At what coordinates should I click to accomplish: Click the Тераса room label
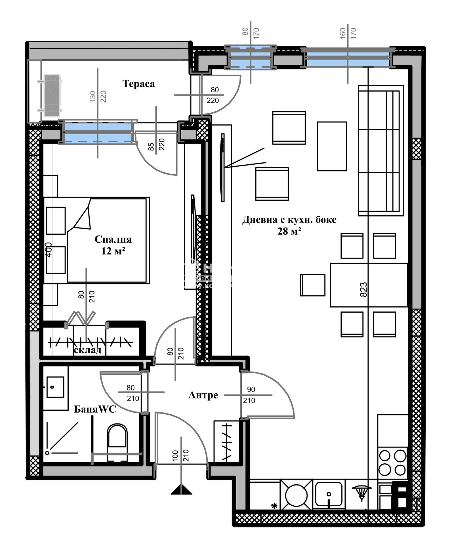pyautogui.click(x=138, y=84)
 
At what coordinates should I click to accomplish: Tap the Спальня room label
pyautogui.click(x=113, y=239)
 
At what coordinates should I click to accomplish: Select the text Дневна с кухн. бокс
pyautogui.click(x=289, y=220)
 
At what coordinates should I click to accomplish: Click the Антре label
pyautogui.click(x=203, y=395)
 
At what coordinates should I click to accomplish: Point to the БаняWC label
pyautogui.click(x=95, y=409)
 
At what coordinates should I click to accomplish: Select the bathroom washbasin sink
pyautogui.click(x=55, y=387)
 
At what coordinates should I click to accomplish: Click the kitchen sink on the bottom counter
pyautogui.click(x=329, y=495)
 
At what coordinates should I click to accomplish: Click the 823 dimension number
pyautogui.click(x=363, y=289)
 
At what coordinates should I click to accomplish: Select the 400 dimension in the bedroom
pyautogui.click(x=49, y=250)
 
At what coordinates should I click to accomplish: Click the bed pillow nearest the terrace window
pyautogui.click(x=56, y=221)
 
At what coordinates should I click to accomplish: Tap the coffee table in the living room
pyautogui.click(x=332, y=146)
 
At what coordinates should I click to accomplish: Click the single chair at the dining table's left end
pyautogui.click(x=312, y=285)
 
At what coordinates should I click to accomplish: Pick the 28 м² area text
pyautogui.click(x=289, y=231)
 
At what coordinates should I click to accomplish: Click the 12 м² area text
pyautogui.click(x=113, y=251)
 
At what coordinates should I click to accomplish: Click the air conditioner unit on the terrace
pyautogui.click(x=52, y=96)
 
